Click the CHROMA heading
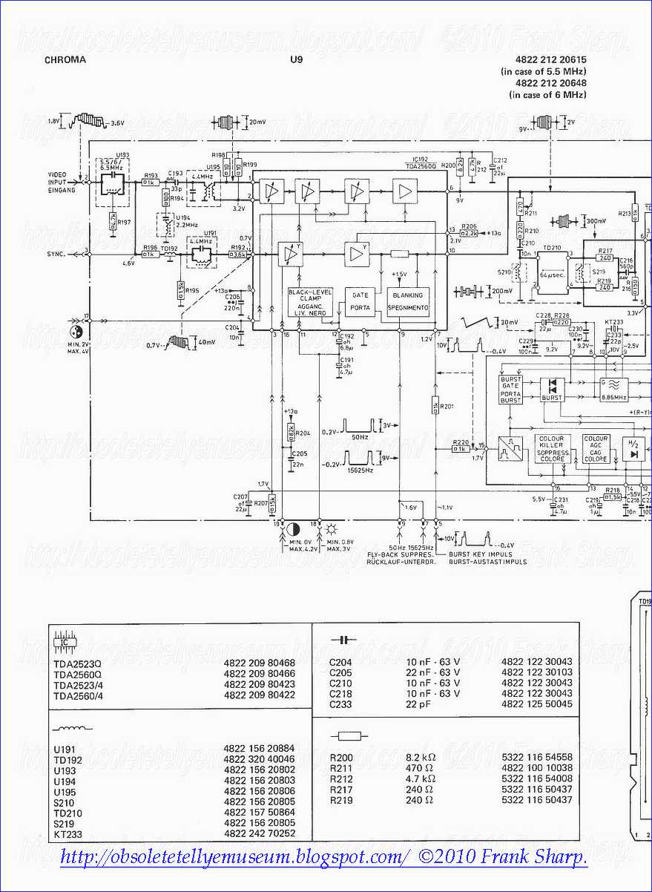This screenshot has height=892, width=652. point(65,60)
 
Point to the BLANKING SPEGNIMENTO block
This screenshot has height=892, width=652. point(408,301)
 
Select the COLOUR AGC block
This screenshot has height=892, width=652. point(596,449)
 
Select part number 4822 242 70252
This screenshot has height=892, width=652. point(259,833)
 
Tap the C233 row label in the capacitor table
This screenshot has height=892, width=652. point(341,704)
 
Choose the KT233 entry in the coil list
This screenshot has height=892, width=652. point(67,833)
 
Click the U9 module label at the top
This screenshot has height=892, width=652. point(297,60)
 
